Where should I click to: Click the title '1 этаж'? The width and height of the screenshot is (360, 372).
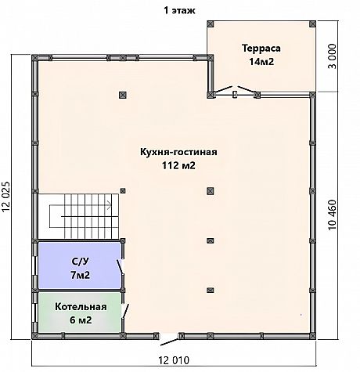[x=179, y=11]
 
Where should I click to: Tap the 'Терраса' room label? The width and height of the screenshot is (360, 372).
[x=261, y=49]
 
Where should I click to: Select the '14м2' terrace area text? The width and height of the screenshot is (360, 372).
[x=261, y=62]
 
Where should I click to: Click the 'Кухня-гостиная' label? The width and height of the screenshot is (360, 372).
[x=178, y=152]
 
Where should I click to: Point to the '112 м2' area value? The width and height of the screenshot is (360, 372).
[x=178, y=165]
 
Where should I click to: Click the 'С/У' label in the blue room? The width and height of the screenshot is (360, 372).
[x=80, y=262]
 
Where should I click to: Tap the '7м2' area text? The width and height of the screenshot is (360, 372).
[x=80, y=275]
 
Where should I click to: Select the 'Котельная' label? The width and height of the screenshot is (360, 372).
[x=81, y=307]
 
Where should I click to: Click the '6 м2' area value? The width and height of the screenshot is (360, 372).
[x=81, y=320]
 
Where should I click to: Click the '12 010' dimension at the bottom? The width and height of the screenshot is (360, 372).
[x=174, y=360]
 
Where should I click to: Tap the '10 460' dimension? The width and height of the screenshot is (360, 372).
[x=333, y=215]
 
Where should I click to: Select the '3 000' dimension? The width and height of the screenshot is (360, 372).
[x=332, y=56]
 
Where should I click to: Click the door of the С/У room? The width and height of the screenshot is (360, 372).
[x=120, y=266]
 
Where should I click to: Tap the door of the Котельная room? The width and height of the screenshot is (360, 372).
[x=125, y=311]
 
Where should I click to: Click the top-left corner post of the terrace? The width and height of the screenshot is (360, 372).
[x=211, y=24]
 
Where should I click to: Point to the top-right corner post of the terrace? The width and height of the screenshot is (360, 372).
[x=312, y=24]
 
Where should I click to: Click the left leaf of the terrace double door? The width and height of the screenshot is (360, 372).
[x=224, y=89]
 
